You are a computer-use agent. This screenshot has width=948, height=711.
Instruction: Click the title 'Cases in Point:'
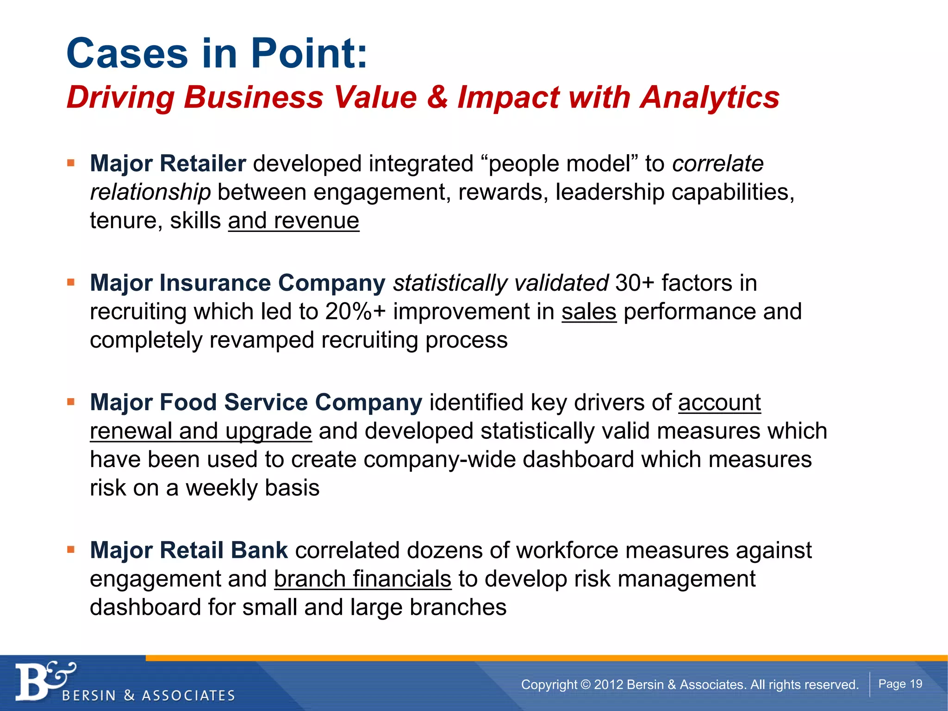pos(217,53)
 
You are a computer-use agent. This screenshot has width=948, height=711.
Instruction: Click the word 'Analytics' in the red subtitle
pos(710,98)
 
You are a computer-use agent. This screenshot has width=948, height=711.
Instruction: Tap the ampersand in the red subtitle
pos(437,98)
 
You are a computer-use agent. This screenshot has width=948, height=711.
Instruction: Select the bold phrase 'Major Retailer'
pos(168,163)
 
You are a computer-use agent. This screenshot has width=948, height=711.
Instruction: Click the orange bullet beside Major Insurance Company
pos(71,282)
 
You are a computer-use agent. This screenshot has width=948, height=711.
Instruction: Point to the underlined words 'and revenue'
pos(293,221)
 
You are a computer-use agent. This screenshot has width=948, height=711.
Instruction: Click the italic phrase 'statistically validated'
pos(500,283)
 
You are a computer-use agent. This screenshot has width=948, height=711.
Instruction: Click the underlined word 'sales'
pos(589,312)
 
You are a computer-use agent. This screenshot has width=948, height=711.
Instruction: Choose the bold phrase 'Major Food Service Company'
pos(256,402)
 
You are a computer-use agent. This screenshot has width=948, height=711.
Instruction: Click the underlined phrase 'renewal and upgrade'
pos(201,431)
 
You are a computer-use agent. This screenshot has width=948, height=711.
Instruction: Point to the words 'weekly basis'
pos(252,488)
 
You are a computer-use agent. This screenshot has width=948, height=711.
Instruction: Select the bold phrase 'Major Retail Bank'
pos(189,550)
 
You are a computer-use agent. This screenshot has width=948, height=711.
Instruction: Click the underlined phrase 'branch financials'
pos(362,579)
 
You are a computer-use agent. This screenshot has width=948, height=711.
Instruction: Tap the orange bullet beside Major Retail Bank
pos(71,549)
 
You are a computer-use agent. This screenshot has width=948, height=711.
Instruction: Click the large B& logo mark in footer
pos(44,680)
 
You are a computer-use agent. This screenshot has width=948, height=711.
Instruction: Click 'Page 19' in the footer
pos(900,684)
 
